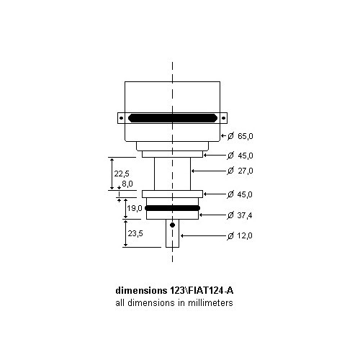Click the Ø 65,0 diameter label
(x=243, y=135)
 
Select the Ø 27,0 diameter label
(x=243, y=171)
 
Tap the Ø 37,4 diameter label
(x=243, y=215)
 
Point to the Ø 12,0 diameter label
(x=243, y=235)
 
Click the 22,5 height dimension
(x=122, y=173)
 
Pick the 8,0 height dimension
(x=127, y=184)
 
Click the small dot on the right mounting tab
(x=224, y=117)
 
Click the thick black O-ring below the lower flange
(x=173, y=207)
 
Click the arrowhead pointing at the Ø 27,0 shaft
(x=193, y=171)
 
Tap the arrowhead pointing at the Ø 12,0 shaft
(x=181, y=235)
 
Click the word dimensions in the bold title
(x=141, y=291)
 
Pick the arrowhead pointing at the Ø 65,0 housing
(x=222, y=135)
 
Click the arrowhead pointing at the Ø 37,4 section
(x=201, y=215)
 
